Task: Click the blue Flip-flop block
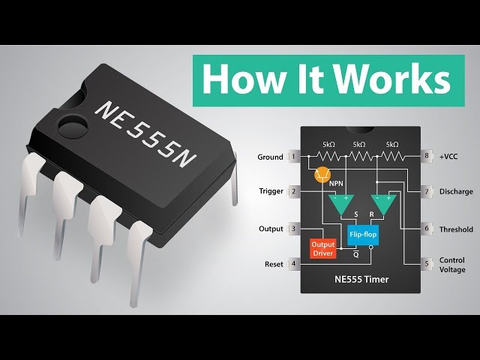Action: (x=363, y=235)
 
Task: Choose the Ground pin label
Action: (x=270, y=157)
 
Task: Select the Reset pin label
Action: (x=274, y=264)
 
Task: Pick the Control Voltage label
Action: (x=452, y=264)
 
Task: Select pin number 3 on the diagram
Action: (x=295, y=229)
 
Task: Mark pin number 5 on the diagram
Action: (x=427, y=264)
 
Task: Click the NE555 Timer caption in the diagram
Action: (x=361, y=280)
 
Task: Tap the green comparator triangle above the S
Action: (x=345, y=202)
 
